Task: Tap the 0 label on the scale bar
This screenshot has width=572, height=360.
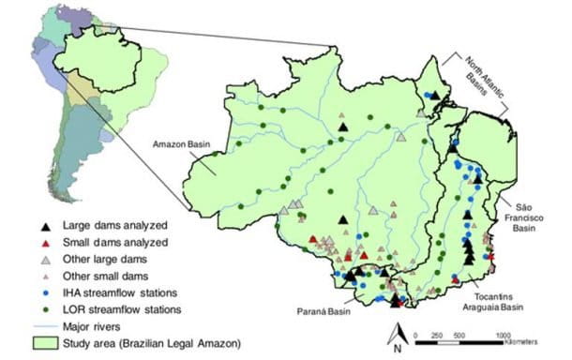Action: click(x=413, y=333)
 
